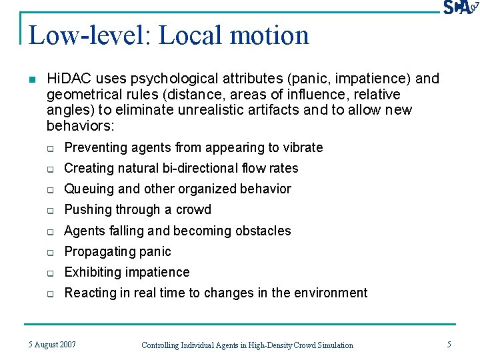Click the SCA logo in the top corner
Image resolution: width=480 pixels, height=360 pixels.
(461, 7)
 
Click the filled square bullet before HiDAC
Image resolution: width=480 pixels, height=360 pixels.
(31, 79)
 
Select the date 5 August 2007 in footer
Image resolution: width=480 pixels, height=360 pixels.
(52, 345)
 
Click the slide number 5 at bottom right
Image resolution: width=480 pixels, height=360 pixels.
(449, 345)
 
